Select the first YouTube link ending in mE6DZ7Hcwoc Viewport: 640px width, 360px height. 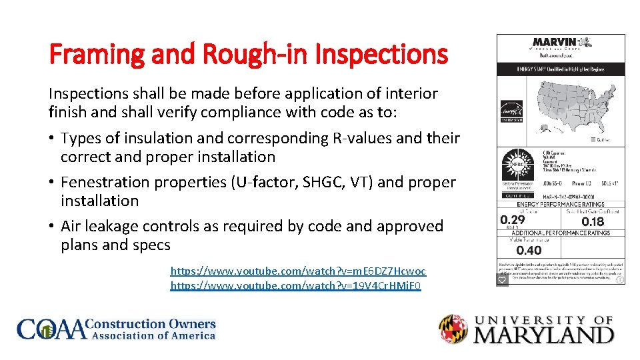[298, 271]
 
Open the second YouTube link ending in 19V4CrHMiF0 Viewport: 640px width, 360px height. [296, 286]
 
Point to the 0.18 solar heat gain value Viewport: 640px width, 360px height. [593, 221]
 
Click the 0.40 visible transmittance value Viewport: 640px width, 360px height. [529, 251]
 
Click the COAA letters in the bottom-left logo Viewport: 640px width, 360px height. [52, 329]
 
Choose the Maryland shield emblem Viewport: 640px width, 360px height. [453, 329]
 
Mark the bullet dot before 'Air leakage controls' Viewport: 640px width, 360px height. [51, 226]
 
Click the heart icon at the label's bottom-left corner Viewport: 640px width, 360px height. [503, 279]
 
